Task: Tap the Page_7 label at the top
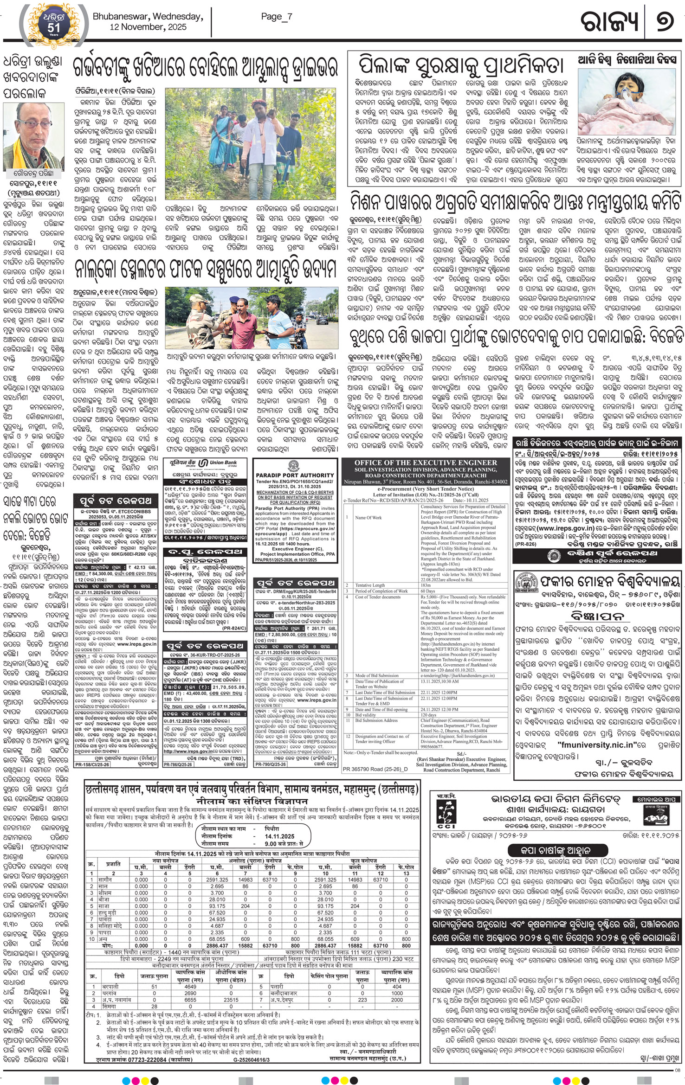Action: point(277,17)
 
